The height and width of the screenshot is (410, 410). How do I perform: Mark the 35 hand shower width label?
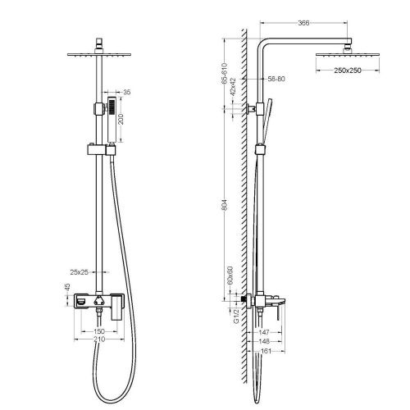pyautogui.click(x=125, y=93)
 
